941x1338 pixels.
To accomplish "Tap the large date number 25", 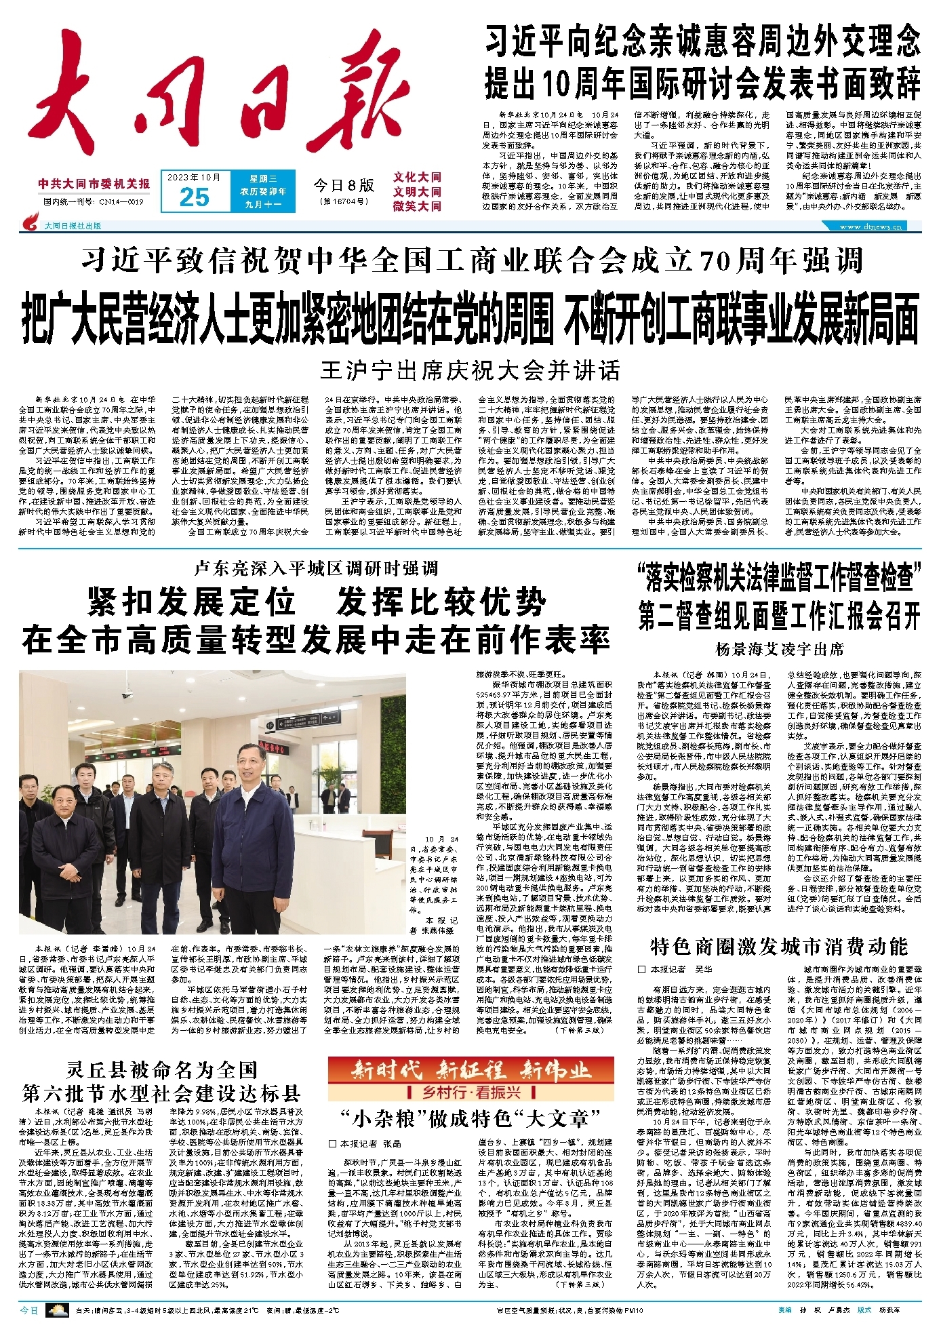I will click(x=194, y=197).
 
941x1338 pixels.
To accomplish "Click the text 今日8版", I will click(x=343, y=184).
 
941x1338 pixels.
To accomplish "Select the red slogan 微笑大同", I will click(x=417, y=206).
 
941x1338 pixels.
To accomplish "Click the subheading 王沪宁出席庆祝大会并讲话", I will click(x=470, y=371).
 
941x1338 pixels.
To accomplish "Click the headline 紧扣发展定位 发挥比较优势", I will click(x=316, y=601).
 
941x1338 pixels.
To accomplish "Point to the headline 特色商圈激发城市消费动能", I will click(x=778, y=946).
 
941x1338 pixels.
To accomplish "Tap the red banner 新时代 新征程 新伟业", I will click(x=470, y=1071).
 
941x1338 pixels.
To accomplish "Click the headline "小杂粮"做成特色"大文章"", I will click(x=470, y=1118).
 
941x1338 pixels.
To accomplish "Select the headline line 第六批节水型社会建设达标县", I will click(x=161, y=1093).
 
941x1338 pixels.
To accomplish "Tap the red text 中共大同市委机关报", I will click(x=94, y=184).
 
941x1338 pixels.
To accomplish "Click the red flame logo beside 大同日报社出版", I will click(x=31, y=222).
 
